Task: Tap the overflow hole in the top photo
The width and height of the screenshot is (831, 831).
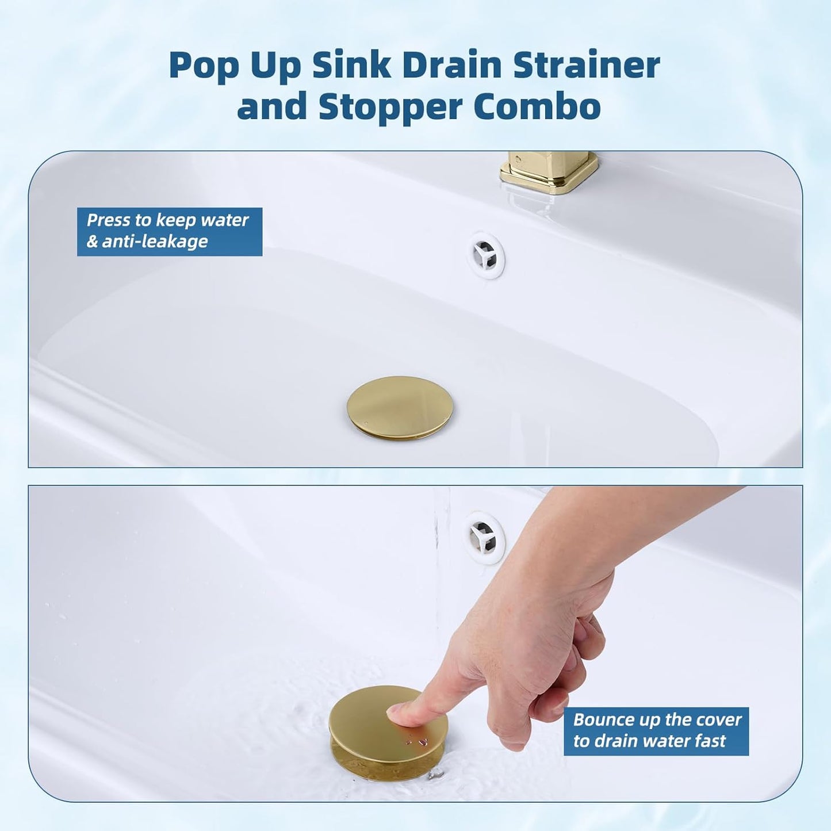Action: point(485,255)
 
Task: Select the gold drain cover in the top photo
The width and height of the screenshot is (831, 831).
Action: point(400,408)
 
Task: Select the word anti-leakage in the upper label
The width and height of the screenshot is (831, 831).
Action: point(155,242)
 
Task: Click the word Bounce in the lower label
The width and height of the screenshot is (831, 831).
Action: point(602,720)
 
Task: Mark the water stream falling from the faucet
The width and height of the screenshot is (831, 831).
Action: point(441,552)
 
